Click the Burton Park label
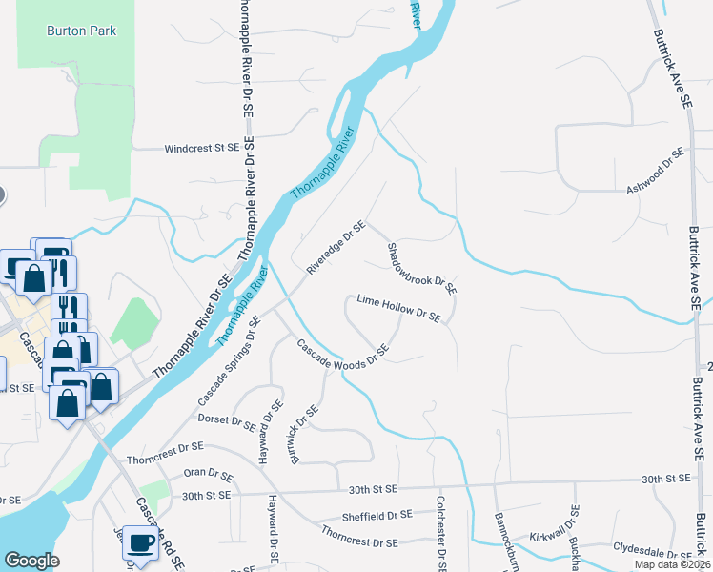coord(81,31)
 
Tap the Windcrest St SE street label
coord(200,149)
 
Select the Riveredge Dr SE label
coord(336,248)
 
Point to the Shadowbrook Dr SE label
coord(421,268)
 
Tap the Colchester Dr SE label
coord(440,533)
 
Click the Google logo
coord(31,560)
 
